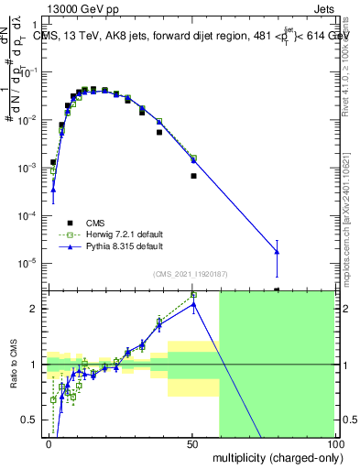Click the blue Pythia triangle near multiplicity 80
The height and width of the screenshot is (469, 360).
pyautogui.click(x=277, y=252)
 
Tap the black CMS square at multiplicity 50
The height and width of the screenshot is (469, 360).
pyautogui.click(x=193, y=175)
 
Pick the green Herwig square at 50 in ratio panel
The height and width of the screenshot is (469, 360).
pyautogui.click(x=193, y=295)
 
